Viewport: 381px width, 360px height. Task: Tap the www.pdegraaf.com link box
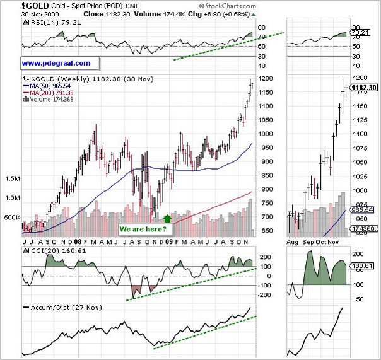point(56,63)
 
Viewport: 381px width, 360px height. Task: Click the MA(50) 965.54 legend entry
point(50,87)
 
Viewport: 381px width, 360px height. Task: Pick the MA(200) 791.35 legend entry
point(50,94)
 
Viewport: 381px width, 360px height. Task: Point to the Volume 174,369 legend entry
point(48,100)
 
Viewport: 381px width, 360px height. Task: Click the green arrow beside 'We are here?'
point(167,219)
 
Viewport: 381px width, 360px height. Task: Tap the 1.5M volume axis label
point(13,178)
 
